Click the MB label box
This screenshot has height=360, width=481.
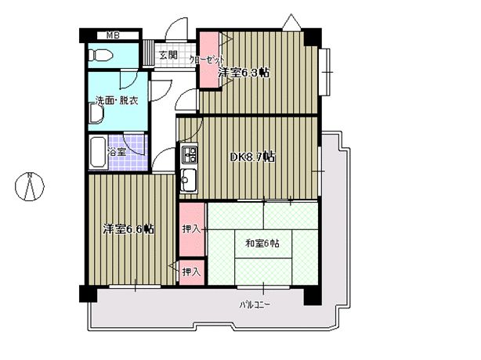point(113,35)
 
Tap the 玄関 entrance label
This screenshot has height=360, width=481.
point(168,55)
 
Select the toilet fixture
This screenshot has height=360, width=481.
point(100,55)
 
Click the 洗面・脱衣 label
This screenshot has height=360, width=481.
point(117,100)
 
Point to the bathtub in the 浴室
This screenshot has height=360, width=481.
point(98,152)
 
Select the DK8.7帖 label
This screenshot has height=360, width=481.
point(251,157)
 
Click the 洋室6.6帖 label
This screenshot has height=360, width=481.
point(128,229)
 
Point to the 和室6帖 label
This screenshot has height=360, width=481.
point(262,243)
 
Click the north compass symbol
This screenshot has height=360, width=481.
point(30,186)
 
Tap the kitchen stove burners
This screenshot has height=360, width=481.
point(190,153)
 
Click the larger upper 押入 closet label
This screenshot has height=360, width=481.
point(191,229)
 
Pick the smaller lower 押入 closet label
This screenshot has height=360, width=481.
point(191,272)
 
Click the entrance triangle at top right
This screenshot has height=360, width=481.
point(291,21)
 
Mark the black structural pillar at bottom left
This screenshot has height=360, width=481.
point(89,293)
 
